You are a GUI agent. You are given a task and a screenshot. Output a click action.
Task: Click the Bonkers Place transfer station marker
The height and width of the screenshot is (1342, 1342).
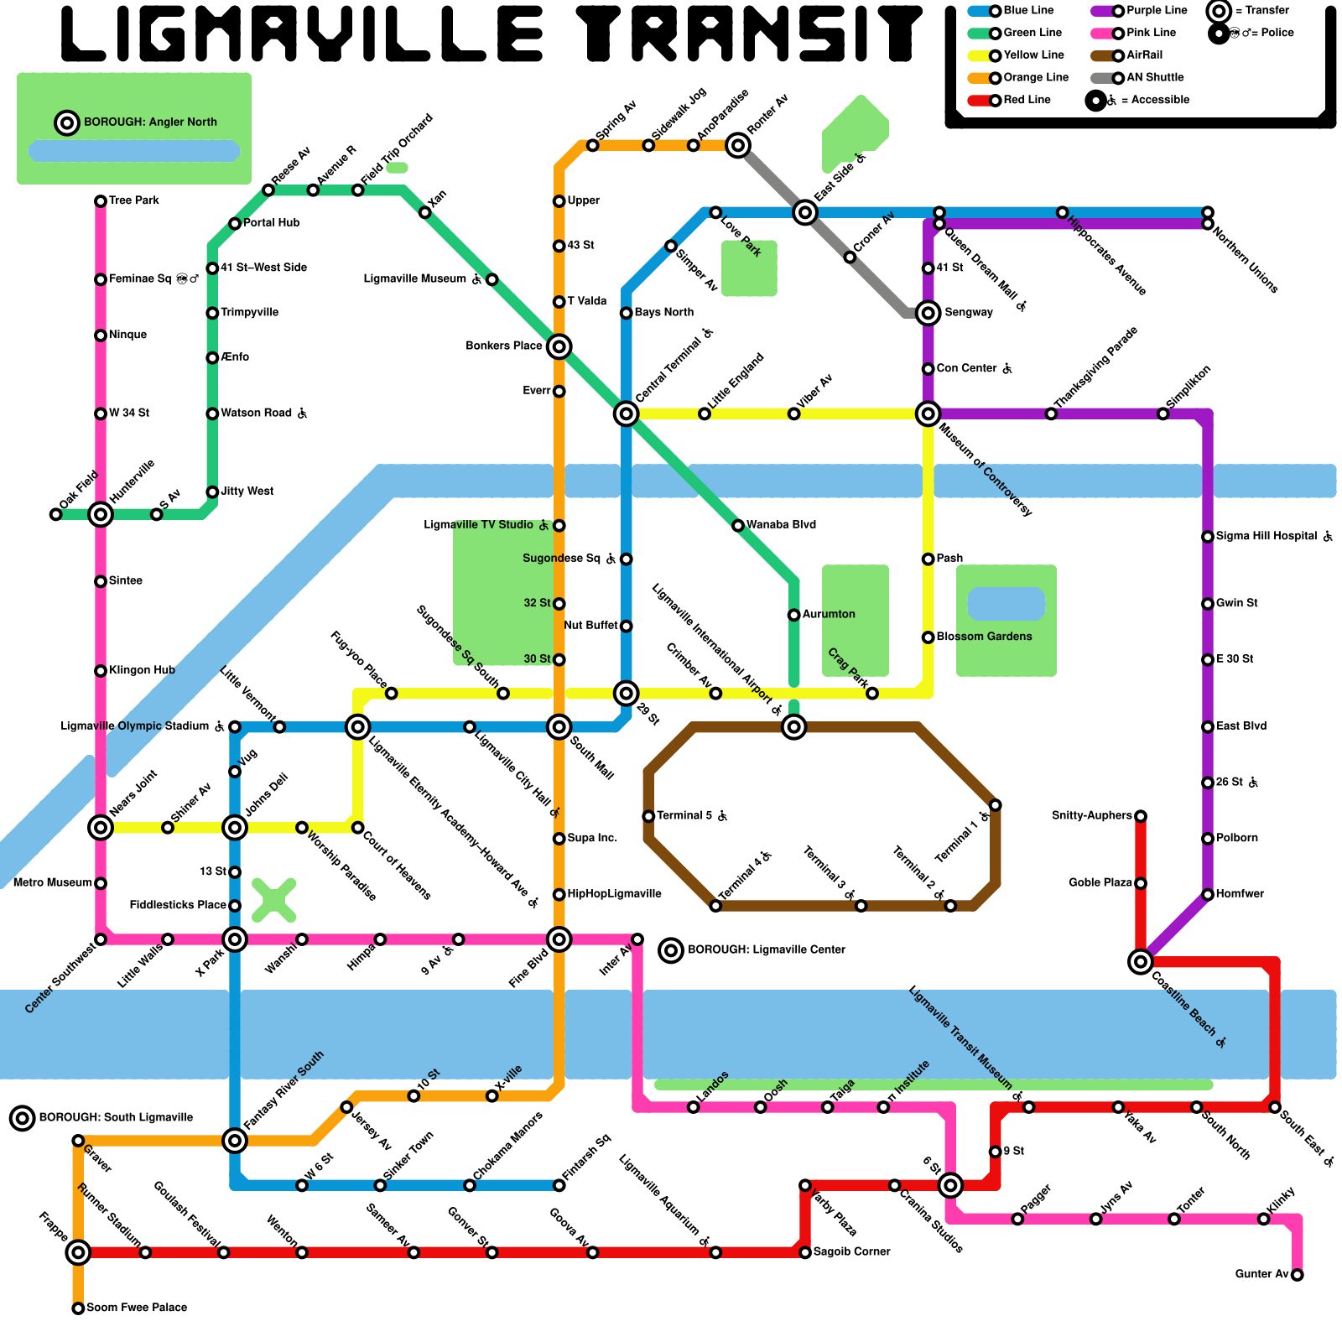point(559,346)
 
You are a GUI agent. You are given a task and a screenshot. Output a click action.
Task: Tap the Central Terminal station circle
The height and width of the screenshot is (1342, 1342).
point(626,414)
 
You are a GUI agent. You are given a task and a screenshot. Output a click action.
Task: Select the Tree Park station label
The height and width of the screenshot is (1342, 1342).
point(134,200)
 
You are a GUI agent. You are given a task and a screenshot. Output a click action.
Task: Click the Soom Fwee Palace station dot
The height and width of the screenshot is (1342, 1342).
point(78,1308)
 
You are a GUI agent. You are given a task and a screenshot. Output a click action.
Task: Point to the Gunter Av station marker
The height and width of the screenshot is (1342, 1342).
point(1297,1275)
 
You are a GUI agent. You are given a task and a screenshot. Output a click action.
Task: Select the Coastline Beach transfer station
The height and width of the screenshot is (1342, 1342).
point(1140,961)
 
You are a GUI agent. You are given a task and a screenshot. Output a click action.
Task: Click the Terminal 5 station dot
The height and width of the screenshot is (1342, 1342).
point(648,816)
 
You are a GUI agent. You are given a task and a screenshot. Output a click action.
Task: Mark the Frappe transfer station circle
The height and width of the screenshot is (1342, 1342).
point(78,1252)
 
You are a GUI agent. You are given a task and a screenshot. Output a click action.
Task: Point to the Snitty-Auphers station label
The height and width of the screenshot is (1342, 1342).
point(1091,815)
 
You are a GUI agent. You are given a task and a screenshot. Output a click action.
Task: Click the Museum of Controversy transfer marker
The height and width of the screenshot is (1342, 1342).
point(928,414)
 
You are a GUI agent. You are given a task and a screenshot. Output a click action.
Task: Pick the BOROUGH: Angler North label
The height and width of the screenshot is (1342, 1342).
point(150,122)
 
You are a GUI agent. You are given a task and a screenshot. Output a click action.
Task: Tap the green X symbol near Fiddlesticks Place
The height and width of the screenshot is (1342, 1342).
point(274,900)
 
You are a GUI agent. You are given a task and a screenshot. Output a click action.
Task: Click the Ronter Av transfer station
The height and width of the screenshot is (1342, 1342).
point(738,145)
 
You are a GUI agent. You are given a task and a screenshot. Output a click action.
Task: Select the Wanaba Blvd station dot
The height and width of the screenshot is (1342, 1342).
point(738,526)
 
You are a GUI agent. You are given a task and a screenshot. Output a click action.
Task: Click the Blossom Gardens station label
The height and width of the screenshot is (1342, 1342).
point(984,637)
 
